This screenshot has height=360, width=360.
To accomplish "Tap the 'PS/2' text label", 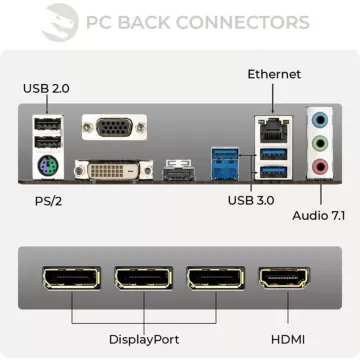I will [x=37, y=200].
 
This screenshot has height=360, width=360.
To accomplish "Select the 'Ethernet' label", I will [x=274, y=74].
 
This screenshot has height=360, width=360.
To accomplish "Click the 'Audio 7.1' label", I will [x=319, y=215].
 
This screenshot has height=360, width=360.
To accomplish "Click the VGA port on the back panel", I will [x=114, y=127].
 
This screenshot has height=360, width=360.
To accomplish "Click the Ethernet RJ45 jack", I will [x=273, y=127].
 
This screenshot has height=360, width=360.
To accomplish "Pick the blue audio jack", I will [x=320, y=117].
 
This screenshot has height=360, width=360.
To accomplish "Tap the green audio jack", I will [x=320, y=142].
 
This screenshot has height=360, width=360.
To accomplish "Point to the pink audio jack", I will [x=320, y=167].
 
